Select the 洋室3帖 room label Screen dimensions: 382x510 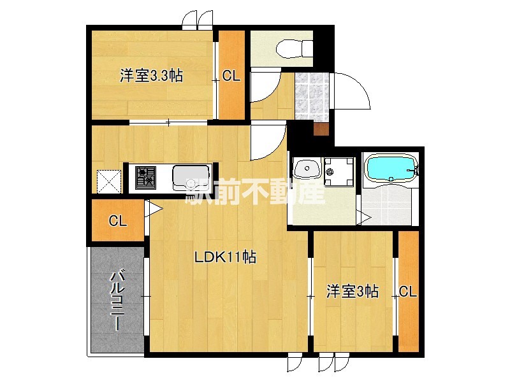353,292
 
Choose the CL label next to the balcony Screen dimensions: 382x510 117,222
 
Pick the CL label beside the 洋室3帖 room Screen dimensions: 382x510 408,292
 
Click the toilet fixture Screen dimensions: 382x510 294,46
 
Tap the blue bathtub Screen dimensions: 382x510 391,170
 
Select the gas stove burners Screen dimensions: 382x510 145,176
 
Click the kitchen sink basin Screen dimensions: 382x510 190,176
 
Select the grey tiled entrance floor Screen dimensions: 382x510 311,95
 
